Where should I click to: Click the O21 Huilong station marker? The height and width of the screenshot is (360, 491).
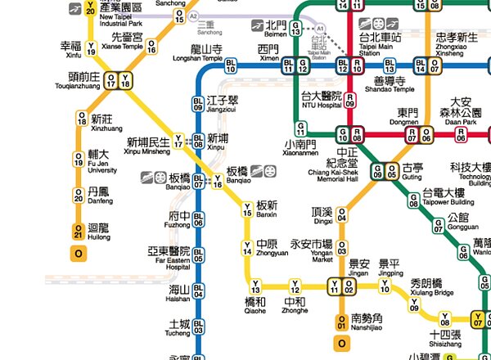[79, 232]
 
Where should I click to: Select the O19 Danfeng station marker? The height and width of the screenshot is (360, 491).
[79, 196]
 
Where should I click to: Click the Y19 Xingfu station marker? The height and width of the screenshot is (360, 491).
[91, 47]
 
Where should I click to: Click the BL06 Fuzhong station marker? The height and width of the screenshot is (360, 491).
[198, 219]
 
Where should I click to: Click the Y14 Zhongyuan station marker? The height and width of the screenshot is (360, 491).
[246, 248]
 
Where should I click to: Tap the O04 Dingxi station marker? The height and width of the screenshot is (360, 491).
[341, 214]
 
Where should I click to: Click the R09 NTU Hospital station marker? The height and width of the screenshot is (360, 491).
[349, 101]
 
